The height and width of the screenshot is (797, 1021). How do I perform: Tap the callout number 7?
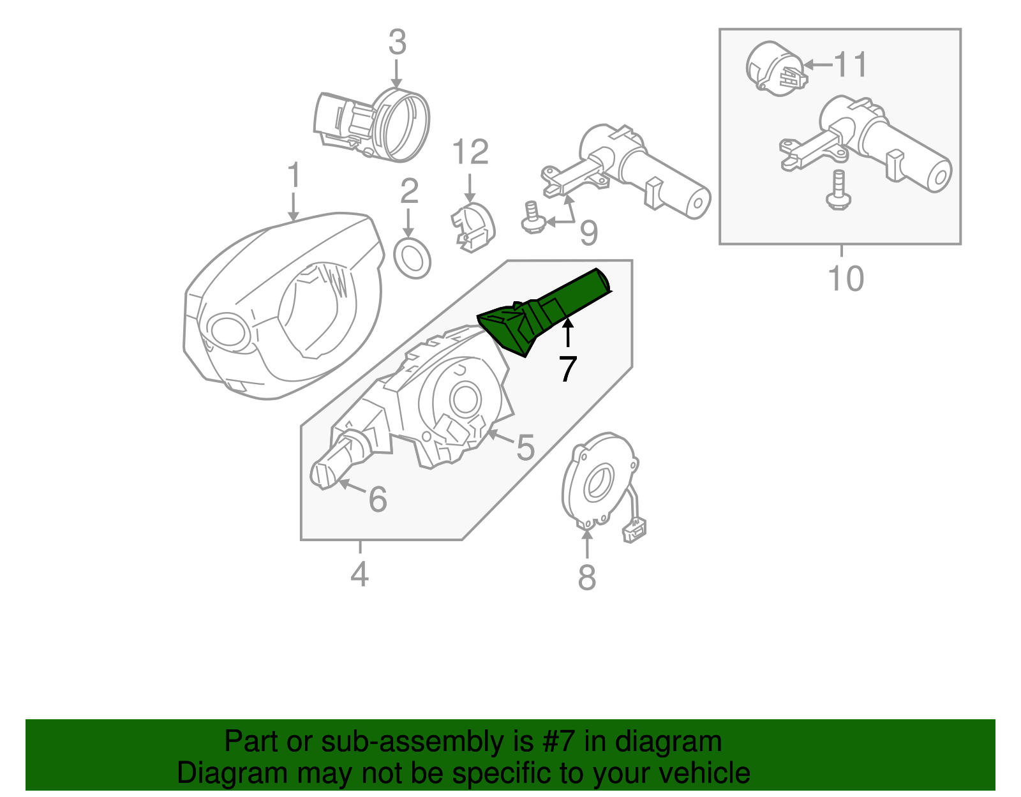tap(567, 369)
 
